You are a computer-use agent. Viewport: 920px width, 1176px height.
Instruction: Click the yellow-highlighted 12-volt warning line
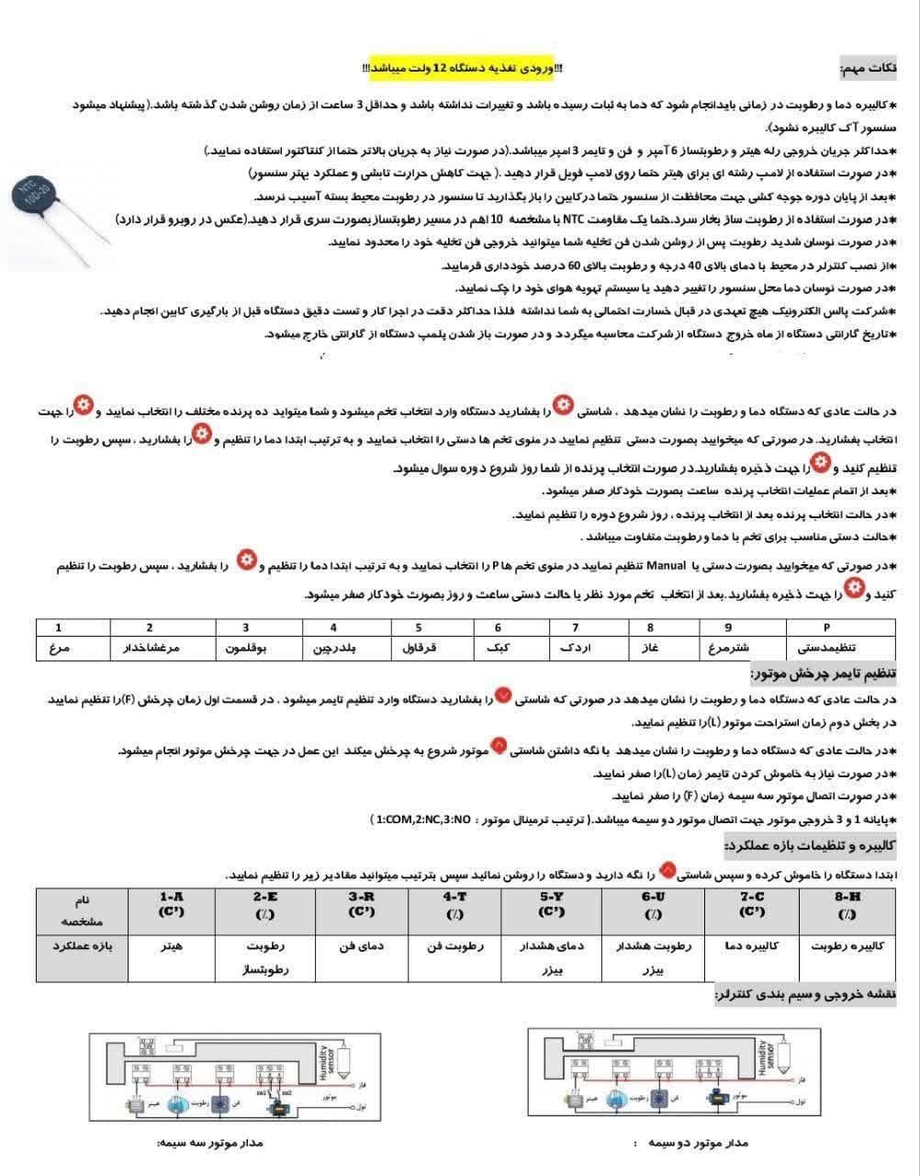click(x=464, y=69)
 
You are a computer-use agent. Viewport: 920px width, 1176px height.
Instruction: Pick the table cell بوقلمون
click(x=245, y=648)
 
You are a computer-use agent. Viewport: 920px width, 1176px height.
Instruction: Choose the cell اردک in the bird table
click(x=575, y=648)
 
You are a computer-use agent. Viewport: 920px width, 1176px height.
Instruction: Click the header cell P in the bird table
click(x=827, y=628)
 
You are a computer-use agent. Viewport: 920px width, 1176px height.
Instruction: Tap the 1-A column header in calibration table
click(x=172, y=904)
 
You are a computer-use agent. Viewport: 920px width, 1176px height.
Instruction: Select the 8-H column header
click(x=847, y=904)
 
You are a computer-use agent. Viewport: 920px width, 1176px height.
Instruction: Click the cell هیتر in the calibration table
click(x=172, y=945)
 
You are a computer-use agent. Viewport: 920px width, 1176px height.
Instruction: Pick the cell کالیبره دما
click(x=752, y=945)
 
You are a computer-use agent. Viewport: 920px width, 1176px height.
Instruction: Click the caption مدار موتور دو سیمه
click(x=698, y=1142)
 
